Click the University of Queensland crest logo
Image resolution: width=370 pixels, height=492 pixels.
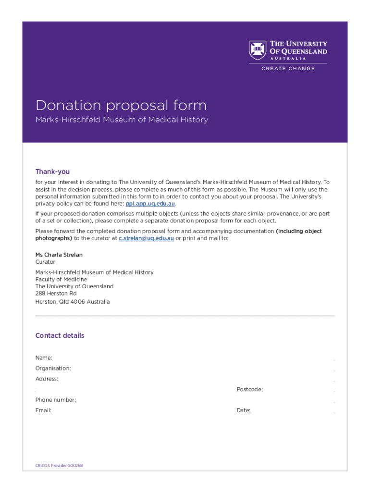257,50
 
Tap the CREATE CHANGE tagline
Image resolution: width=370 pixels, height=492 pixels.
288,69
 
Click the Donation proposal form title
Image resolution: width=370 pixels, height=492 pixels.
121,105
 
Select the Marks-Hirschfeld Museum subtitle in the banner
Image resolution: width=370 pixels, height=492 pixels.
122,120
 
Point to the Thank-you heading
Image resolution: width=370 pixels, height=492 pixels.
52,172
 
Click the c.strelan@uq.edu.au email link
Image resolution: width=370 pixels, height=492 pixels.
146,238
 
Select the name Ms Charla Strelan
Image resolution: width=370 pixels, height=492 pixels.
55,255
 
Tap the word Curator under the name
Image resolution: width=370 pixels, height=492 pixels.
45,262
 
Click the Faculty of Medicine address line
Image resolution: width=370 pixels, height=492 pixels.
61,279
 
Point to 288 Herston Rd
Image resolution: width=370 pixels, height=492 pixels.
56,293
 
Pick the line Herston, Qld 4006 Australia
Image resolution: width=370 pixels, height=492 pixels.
72,302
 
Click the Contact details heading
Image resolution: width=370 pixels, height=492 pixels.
60,335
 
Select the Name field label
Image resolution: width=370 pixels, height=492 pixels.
44,357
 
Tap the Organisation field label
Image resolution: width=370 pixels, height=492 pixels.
53,368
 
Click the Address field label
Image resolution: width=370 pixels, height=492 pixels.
47,379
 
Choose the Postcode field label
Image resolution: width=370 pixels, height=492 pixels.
249,389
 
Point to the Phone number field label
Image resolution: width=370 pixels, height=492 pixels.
55,400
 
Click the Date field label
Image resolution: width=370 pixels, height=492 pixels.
243,410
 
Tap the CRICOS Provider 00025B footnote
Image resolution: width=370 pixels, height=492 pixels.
56,466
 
